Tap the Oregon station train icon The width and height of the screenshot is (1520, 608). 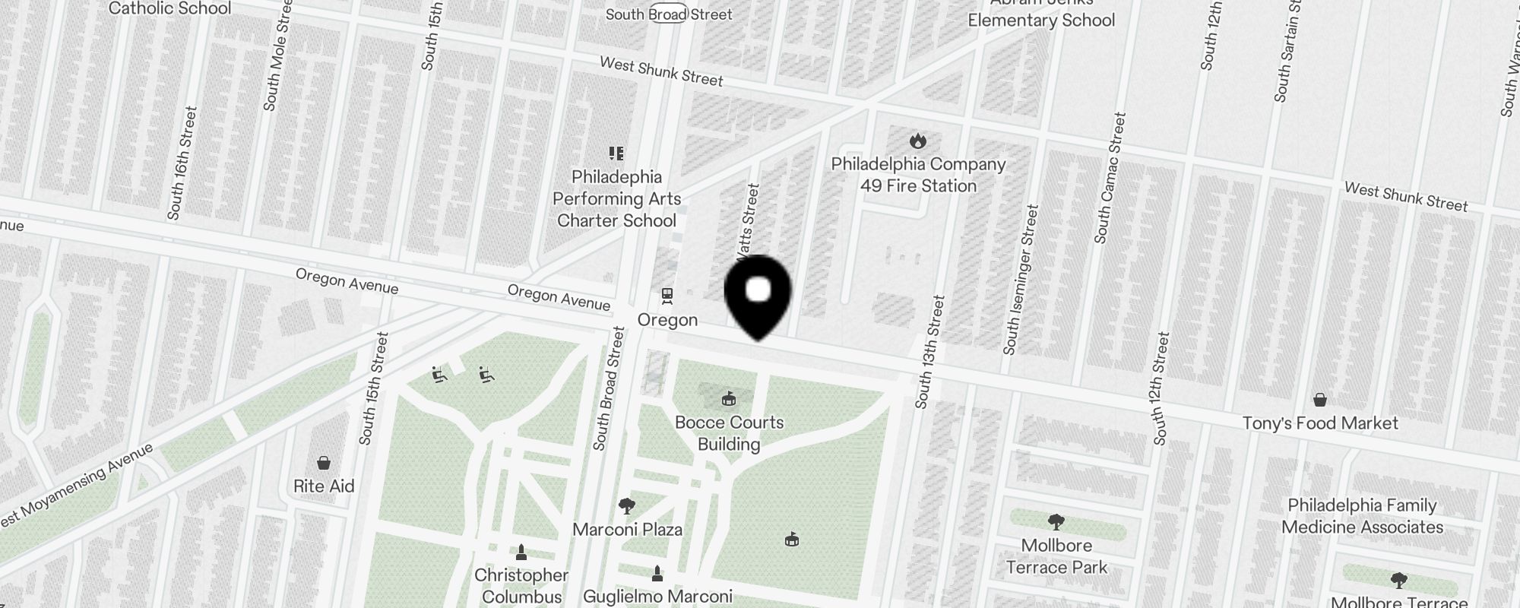[667, 295]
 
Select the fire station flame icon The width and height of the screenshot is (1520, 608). [918, 141]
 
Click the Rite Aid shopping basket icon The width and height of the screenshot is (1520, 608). [324, 463]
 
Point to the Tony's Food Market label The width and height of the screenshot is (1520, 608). [1320, 423]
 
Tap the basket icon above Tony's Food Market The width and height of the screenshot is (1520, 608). [1320, 400]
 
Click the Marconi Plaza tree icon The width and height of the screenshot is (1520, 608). [627, 505]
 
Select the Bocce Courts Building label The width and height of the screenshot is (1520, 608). [729, 433]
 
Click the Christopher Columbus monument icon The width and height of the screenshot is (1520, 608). [521, 552]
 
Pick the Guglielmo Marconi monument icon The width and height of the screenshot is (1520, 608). [657, 574]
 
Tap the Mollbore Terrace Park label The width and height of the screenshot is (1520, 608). [1056, 556]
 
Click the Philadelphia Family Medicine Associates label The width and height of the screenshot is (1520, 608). [1362, 516]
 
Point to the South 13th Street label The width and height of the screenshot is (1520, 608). [930, 352]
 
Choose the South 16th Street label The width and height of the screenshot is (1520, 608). [182, 163]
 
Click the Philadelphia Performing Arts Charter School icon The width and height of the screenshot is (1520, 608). [616, 154]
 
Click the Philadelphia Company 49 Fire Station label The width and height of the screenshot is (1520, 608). [918, 175]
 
